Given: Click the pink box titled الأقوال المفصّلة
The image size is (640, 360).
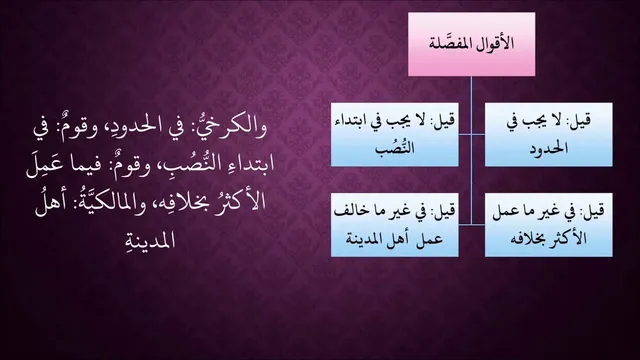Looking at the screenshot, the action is tap(471, 44).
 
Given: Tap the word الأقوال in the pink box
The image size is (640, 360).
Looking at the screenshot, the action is tap(495, 43).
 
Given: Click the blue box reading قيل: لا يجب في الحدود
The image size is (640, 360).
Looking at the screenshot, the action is tap(549, 135).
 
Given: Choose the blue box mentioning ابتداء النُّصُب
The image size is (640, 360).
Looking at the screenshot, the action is tap(394, 135).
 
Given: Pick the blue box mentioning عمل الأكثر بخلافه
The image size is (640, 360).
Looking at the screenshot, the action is tap(549, 225).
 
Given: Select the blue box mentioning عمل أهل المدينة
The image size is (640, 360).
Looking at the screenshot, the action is tap(394, 225).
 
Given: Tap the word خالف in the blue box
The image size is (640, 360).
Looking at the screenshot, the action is tap(347, 211).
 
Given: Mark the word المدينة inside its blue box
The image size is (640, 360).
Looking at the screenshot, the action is tap(364, 238).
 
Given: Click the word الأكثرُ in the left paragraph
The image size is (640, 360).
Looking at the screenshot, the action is tap(241, 202).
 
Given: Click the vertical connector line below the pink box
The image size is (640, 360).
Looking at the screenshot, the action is tap(471, 150).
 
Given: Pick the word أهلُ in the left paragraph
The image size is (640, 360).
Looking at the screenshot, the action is tap(53, 203).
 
